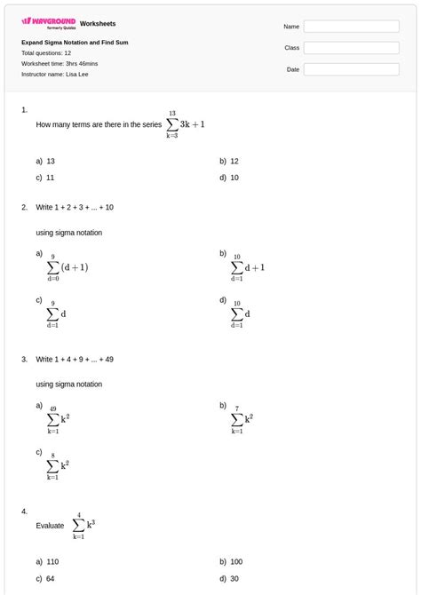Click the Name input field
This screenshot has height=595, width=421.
click(x=352, y=27)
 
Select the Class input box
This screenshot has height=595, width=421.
click(x=352, y=48)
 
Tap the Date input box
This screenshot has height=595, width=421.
click(x=352, y=69)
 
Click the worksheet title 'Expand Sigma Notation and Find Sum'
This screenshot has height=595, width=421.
click(x=75, y=42)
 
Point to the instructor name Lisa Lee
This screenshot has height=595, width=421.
click(x=54, y=74)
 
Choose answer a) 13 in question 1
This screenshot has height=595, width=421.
click(x=45, y=162)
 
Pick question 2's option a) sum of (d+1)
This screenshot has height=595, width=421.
click(x=67, y=266)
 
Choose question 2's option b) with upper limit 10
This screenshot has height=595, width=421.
click(x=248, y=266)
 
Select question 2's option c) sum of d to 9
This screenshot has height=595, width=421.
click(x=57, y=313)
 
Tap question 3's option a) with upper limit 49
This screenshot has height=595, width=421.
click(x=58, y=418)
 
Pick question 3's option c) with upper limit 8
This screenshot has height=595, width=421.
click(x=58, y=465)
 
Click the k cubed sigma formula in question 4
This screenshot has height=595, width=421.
click(x=83, y=526)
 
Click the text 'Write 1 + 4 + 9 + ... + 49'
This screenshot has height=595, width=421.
click(x=75, y=360)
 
